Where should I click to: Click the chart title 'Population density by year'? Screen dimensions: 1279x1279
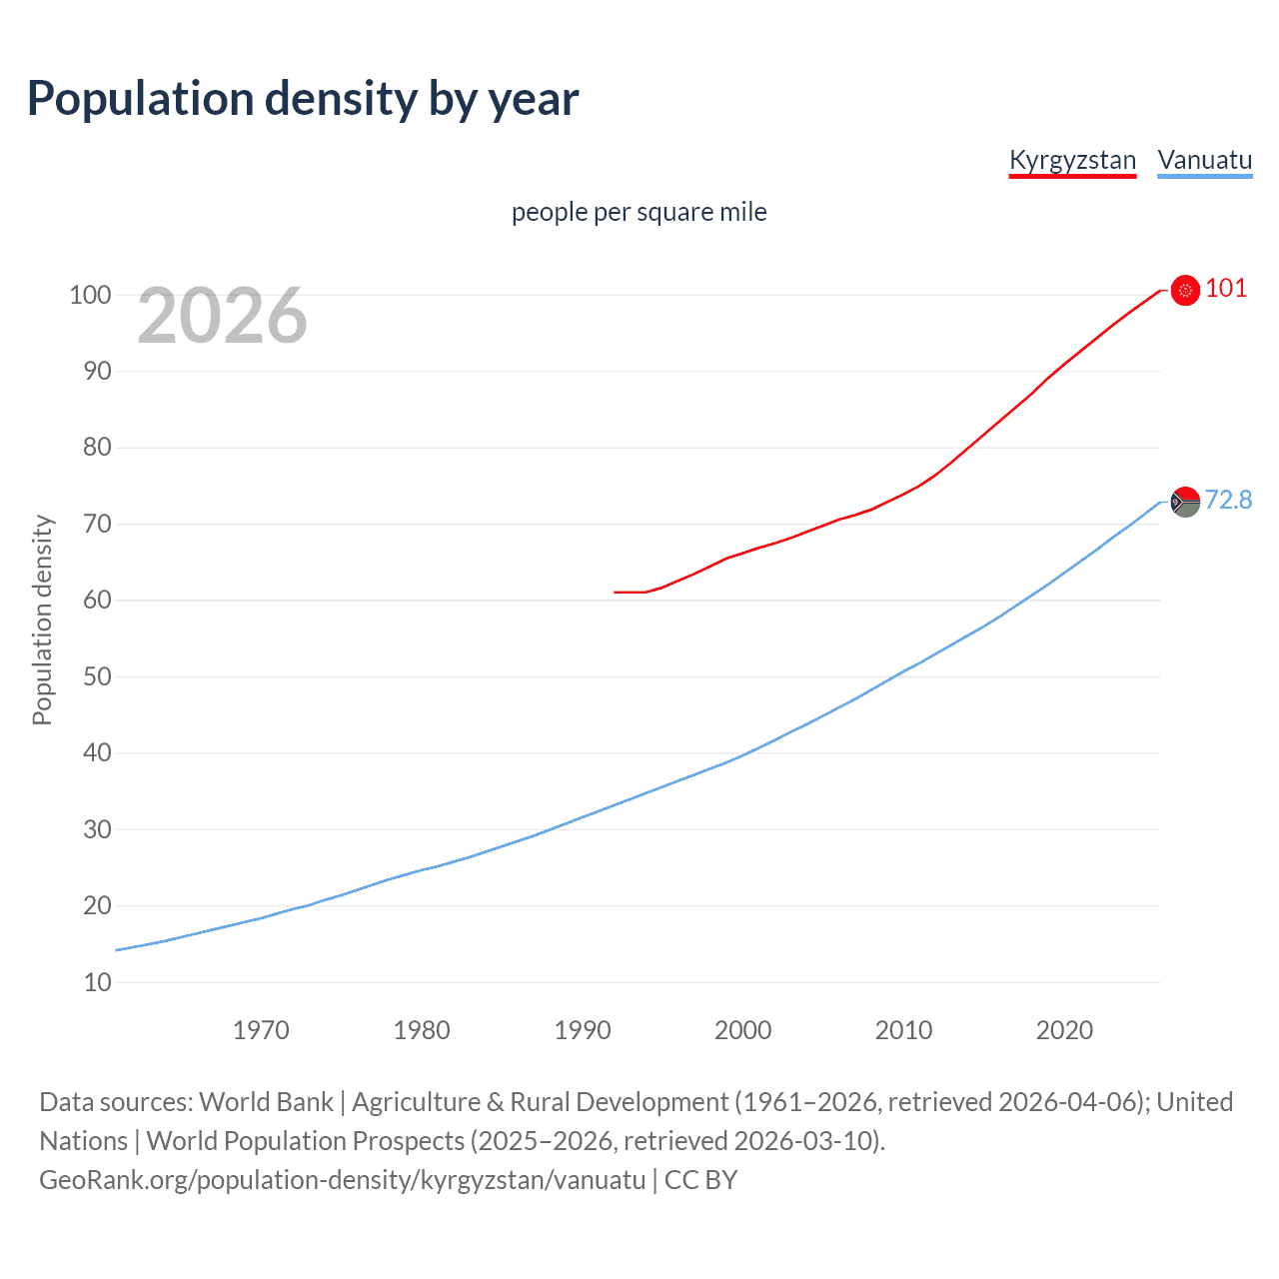pos(303,99)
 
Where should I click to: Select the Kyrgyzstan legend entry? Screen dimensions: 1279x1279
pos(1072,160)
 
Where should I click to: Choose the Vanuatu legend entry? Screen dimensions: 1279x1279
pos(1204,160)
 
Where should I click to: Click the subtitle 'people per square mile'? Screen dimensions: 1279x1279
pos(639,212)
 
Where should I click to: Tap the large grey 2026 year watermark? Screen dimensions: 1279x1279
pos(222,316)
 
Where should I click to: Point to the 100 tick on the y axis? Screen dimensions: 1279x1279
pos(90,295)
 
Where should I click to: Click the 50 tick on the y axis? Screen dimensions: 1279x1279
pos(97,676)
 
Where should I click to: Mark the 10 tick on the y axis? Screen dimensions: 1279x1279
pos(97,982)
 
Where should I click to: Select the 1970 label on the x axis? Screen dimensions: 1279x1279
pos(261,1030)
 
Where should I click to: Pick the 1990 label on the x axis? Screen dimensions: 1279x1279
pos(583,1030)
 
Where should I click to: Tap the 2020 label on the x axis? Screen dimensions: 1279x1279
pos(1064,1030)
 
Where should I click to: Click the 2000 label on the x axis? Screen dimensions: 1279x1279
pos(743,1030)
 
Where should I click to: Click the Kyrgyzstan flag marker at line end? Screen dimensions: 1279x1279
pos(1185,290)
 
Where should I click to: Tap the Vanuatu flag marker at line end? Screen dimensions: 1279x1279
pos(1185,502)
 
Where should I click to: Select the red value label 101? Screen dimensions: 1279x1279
pos(1226,289)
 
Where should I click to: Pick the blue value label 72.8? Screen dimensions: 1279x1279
pos(1228,500)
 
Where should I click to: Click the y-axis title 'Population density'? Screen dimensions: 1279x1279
pos(42,620)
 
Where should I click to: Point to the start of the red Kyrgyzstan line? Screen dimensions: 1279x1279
pos(616,593)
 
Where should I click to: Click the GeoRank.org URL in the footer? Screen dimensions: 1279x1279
pos(343,1180)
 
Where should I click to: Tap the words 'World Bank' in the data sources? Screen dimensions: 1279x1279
pos(266,1102)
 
